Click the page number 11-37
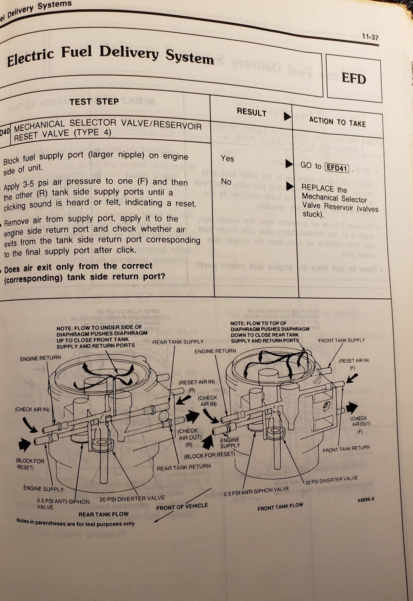[370, 37]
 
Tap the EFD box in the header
[354, 79]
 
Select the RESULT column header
[252, 112]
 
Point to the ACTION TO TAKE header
[337, 122]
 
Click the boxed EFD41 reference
[337, 168]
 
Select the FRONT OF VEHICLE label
[182, 507]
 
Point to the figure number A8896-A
[366, 500]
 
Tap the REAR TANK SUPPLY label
[178, 342]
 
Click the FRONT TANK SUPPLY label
[341, 340]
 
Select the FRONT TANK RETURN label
[346, 450]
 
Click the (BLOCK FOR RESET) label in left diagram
[26, 465]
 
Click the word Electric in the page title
[30, 58]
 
